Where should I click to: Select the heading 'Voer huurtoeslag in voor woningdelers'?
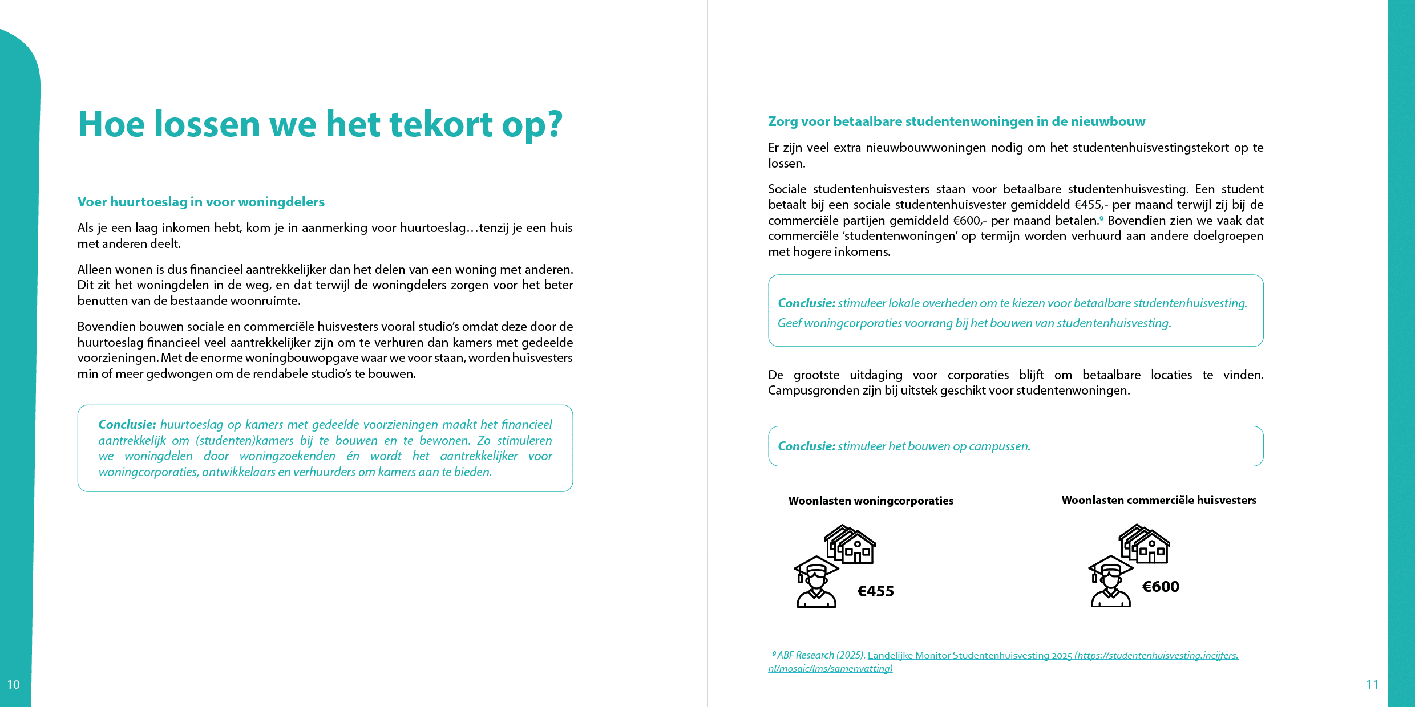201,202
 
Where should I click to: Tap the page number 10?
14,684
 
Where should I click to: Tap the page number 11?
1372,684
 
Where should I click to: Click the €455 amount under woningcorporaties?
875,591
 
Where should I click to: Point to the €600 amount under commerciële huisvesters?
1161,587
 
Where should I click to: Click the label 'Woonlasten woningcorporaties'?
871,501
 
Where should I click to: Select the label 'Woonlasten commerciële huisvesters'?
1159,500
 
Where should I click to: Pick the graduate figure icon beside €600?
1110,582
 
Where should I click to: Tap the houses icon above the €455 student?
850,545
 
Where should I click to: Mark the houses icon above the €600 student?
1145,544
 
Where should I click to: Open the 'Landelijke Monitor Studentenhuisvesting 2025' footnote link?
970,656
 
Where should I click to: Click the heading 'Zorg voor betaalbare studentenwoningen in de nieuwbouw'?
956,121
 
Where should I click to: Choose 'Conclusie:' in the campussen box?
806,446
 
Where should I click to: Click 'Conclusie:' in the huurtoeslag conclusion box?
127,425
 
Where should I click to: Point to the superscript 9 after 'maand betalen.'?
1101,218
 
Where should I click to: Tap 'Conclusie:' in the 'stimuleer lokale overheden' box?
806,303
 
